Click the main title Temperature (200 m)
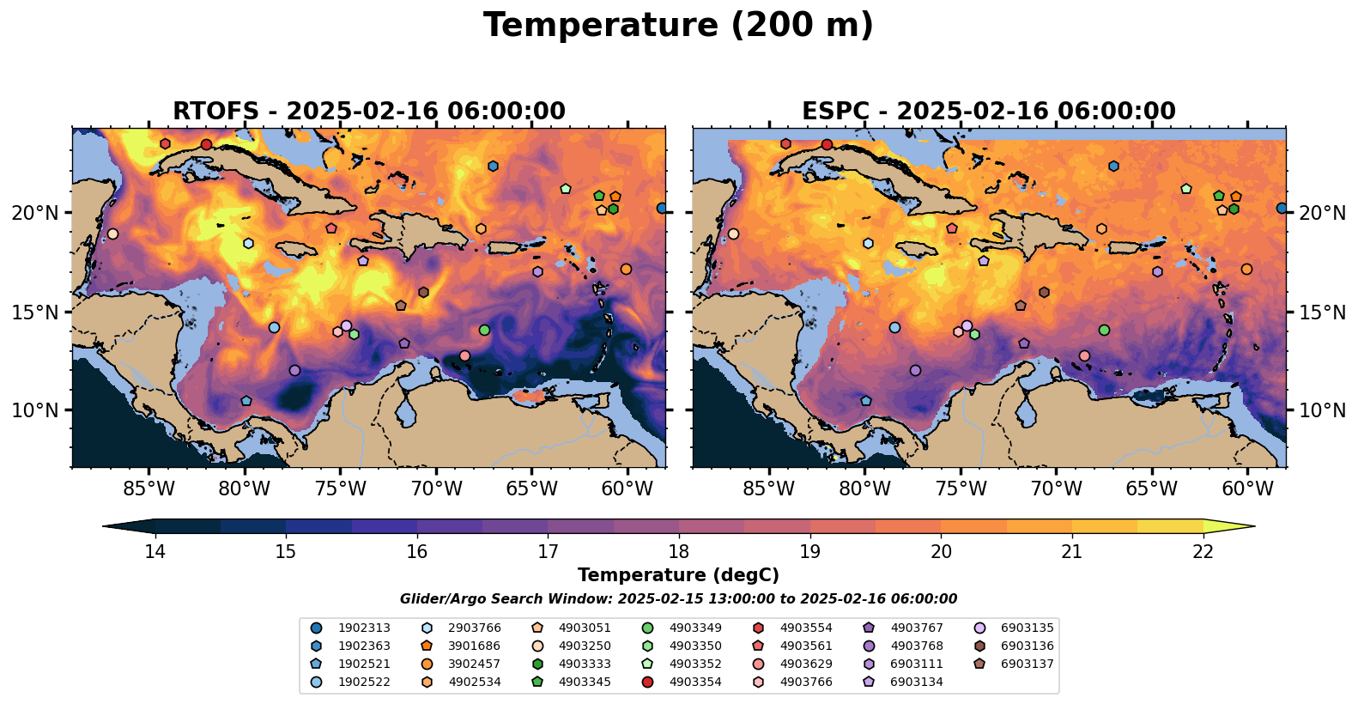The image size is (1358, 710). click(x=678, y=26)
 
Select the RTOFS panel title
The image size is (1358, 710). click(x=369, y=112)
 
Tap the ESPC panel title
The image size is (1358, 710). click(x=989, y=112)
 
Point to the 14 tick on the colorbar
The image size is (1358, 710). click(x=155, y=551)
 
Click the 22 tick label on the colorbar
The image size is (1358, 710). click(x=1203, y=551)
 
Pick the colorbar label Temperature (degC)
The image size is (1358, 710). click(x=678, y=575)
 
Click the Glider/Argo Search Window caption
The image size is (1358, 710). click(x=678, y=599)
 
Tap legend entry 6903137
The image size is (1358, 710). click(x=1027, y=664)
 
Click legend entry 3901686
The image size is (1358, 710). click(x=474, y=646)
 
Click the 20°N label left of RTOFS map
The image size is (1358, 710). click(x=35, y=213)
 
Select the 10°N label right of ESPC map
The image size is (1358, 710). click(x=1322, y=410)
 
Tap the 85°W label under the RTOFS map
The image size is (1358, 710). click(x=149, y=489)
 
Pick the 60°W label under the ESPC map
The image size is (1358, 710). click(x=1247, y=489)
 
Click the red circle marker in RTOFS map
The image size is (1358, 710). click(x=206, y=144)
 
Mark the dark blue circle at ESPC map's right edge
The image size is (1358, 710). click(x=1282, y=209)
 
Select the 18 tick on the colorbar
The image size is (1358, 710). click(x=678, y=551)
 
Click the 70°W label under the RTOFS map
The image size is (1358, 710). click(x=436, y=489)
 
